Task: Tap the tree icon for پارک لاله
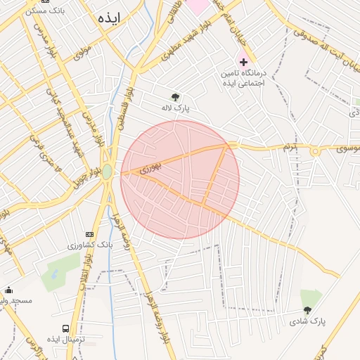pyautogui.click(x=175, y=97)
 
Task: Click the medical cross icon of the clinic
pyautogui.click(x=243, y=63)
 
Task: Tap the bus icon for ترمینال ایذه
pyautogui.click(x=66, y=328)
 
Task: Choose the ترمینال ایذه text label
pyautogui.click(x=66, y=340)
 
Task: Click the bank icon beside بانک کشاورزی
pyautogui.click(x=89, y=233)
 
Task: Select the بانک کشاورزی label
pyautogui.click(x=89, y=245)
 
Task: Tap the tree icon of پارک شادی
pyautogui.click(x=307, y=309)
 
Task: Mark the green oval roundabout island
pyautogui.click(x=107, y=172)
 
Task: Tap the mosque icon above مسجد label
pyautogui.click(x=8, y=290)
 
